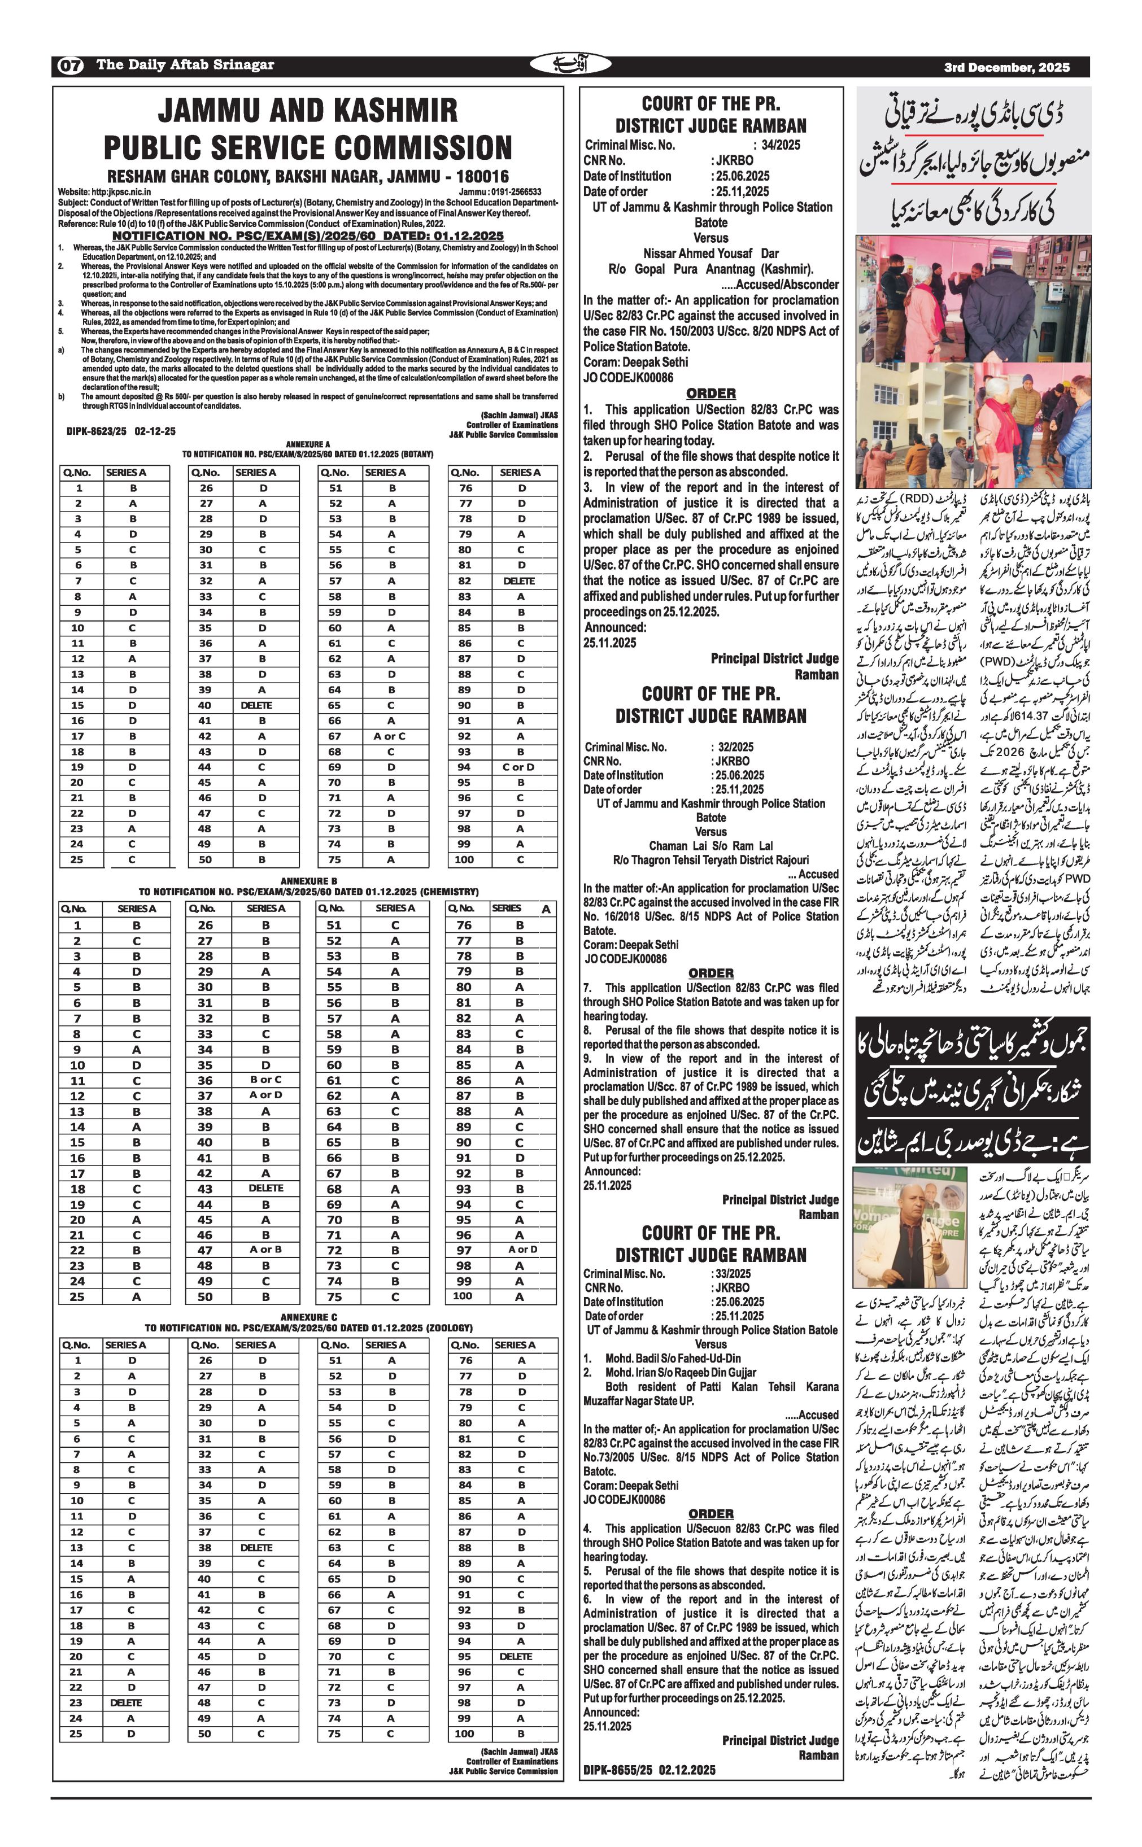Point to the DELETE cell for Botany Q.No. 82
click(x=519, y=580)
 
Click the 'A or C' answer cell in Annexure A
click(x=389, y=736)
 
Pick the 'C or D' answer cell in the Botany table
click(x=519, y=766)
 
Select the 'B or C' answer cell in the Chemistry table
click(x=266, y=1079)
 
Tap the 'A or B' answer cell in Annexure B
click(x=266, y=1249)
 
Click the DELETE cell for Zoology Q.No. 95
click(x=516, y=1656)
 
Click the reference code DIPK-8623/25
click(x=97, y=431)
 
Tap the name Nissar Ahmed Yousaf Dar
click(x=711, y=254)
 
